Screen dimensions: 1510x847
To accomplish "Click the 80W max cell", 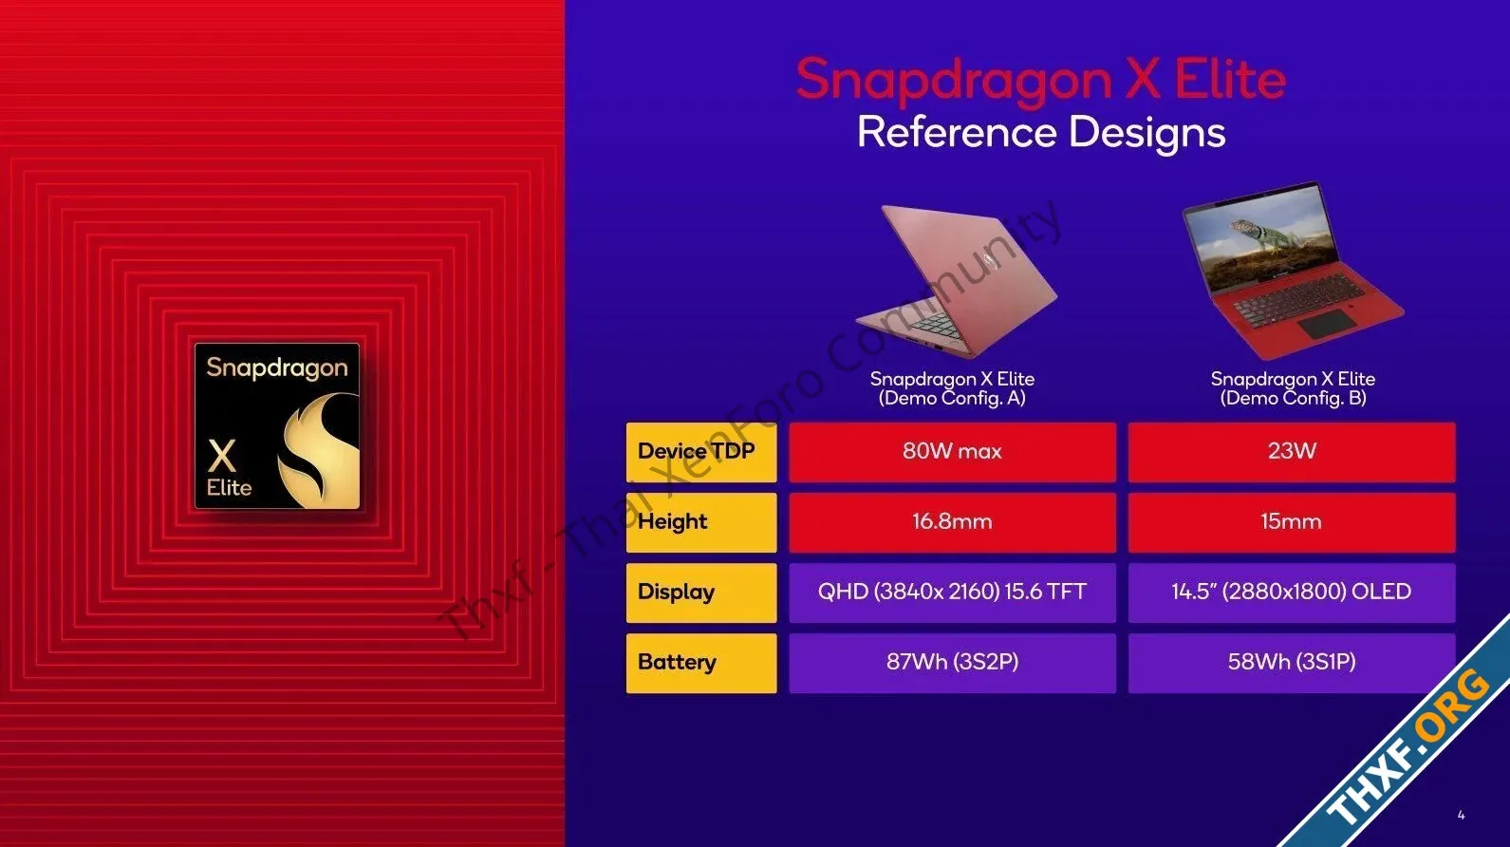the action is click(953, 452).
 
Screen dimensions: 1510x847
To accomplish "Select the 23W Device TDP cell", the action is click(1292, 452).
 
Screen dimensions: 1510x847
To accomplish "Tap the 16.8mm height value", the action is click(953, 522).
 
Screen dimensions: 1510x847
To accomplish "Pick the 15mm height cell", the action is click(1292, 522).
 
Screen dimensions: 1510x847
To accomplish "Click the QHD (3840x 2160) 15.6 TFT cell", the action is click(953, 593).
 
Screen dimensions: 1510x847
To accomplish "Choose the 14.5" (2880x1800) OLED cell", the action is click(1292, 593).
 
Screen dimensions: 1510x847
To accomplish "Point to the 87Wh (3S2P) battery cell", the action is click(953, 662).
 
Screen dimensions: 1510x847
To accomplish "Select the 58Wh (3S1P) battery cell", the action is click(1292, 662).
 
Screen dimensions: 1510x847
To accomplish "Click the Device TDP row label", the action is click(701, 452).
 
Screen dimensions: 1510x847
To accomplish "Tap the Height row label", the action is click(701, 522).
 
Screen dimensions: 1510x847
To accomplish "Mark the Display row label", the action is click(701, 593).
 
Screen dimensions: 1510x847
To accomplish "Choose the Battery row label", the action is click(701, 662).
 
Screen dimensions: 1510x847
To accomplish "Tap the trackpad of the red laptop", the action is click(1327, 325).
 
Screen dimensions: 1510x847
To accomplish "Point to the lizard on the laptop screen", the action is click(1259, 234).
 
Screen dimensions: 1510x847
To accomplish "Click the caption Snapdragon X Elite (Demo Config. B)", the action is click(1293, 388).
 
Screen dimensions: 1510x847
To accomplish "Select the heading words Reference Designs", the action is click(1041, 133).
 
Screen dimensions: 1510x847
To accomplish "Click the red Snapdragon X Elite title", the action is click(1041, 81).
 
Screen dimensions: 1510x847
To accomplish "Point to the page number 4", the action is click(1461, 816).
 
